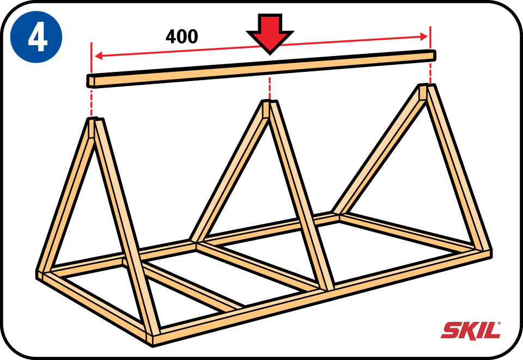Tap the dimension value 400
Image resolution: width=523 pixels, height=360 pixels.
point(181,36)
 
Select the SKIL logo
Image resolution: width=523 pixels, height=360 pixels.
point(471,330)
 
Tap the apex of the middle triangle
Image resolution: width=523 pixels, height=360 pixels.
point(269,103)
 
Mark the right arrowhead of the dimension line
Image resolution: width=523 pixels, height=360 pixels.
point(425,37)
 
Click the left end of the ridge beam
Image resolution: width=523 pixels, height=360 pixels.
point(90,81)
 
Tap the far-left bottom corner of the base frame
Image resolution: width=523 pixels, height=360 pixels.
point(40,273)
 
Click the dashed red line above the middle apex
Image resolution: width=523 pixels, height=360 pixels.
point(269,87)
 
